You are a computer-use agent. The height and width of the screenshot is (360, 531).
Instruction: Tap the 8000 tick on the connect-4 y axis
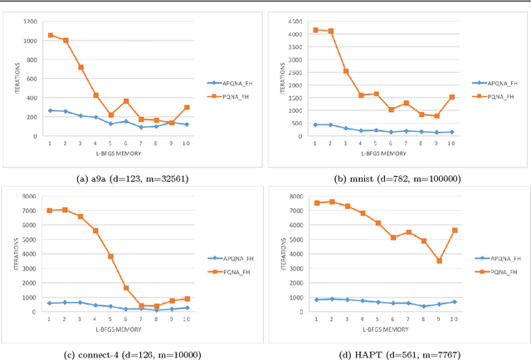pyautogui.click(x=30, y=197)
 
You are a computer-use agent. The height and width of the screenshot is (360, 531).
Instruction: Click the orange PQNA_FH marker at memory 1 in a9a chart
pyautogui.click(x=51, y=36)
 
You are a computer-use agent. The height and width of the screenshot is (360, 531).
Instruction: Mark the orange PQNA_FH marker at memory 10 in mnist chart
pyautogui.click(x=451, y=97)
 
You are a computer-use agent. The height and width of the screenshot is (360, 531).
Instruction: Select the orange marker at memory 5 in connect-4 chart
pyautogui.click(x=110, y=256)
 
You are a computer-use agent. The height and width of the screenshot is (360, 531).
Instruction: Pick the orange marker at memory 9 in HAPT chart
pyautogui.click(x=438, y=261)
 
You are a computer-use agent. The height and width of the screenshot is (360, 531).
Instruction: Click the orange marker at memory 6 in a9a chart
pyautogui.click(x=126, y=101)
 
